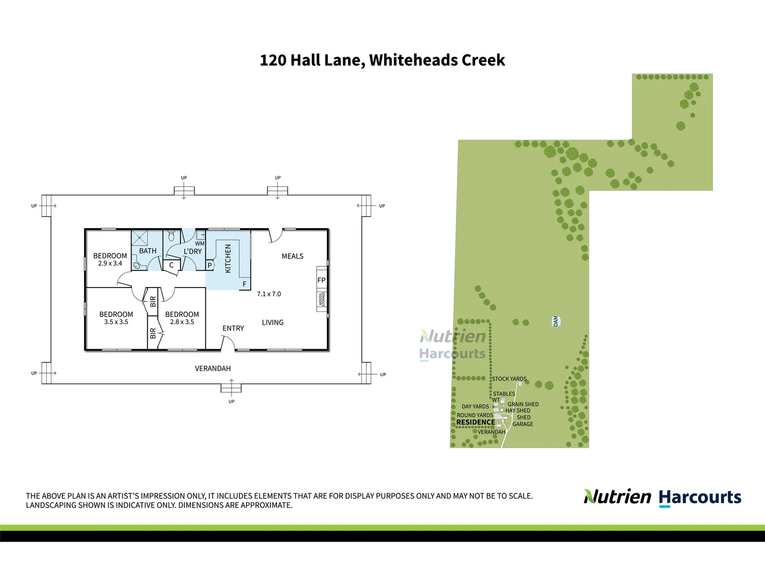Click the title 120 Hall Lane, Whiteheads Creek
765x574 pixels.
(x=382, y=60)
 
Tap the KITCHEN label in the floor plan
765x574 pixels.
(x=228, y=259)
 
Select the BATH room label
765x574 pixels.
(x=148, y=251)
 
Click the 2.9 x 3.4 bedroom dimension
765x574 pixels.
(x=110, y=264)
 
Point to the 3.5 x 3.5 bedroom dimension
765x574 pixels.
(x=116, y=322)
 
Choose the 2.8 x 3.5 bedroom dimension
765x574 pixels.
(x=182, y=322)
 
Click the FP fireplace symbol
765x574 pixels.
(x=321, y=280)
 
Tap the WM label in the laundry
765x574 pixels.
(x=200, y=244)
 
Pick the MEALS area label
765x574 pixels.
(x=292, y=256)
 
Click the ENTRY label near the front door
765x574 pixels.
(x=233, y=328)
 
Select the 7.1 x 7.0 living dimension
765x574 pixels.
(x=269, y=294)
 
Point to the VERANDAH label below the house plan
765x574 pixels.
(x=212, y=368)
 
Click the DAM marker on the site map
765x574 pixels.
(x=556, y=321)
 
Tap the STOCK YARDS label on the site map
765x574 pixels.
(x=509, y=379)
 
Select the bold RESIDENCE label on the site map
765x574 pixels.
(x=475, y=423)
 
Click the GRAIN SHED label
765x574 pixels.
(x=523, y=404)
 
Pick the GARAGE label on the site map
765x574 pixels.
(x=523, y=424)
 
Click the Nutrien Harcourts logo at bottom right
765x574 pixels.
(x=662, y=497)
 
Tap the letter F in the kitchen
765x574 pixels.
(x=245, y=284)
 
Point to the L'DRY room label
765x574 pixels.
(x=193, y=251)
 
